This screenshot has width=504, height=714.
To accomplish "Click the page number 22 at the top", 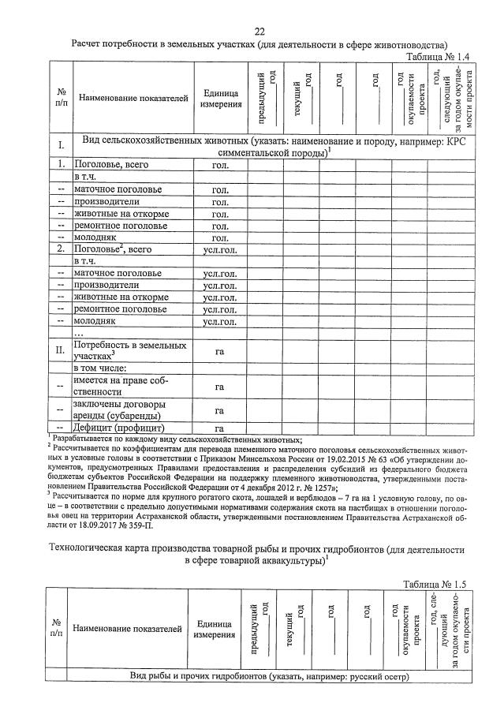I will (259, 32).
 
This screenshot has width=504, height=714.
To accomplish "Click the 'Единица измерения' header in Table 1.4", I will (220, 99).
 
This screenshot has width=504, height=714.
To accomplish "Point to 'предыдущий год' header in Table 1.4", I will (267, 98).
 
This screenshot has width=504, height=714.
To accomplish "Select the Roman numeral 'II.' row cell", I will (60, 350).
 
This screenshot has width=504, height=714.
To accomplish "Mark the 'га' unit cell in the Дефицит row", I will (220, 428).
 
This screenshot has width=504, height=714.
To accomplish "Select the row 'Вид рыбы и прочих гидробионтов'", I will (271, 676).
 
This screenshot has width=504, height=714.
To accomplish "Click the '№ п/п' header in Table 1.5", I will (58, 628).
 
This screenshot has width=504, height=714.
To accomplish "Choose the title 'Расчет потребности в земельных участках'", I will (259, 44).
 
